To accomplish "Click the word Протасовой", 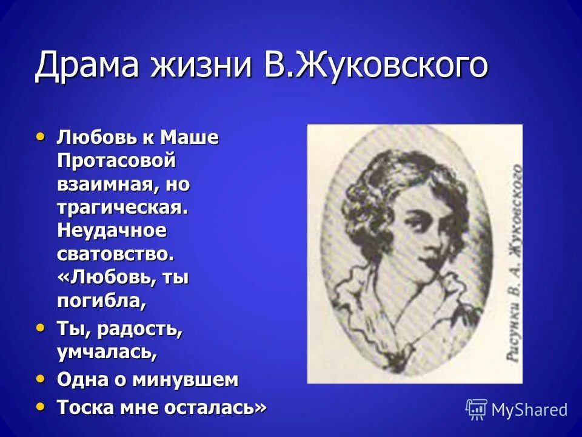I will coord(116,161).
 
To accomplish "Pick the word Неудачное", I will coord(111,231).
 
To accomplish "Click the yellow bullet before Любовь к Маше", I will coord(41,137).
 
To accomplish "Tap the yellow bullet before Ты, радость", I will coord(41,328).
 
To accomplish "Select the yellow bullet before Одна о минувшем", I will coord(41,379).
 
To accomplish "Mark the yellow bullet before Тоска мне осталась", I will coord(41,406).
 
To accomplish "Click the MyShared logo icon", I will coord(477,410).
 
